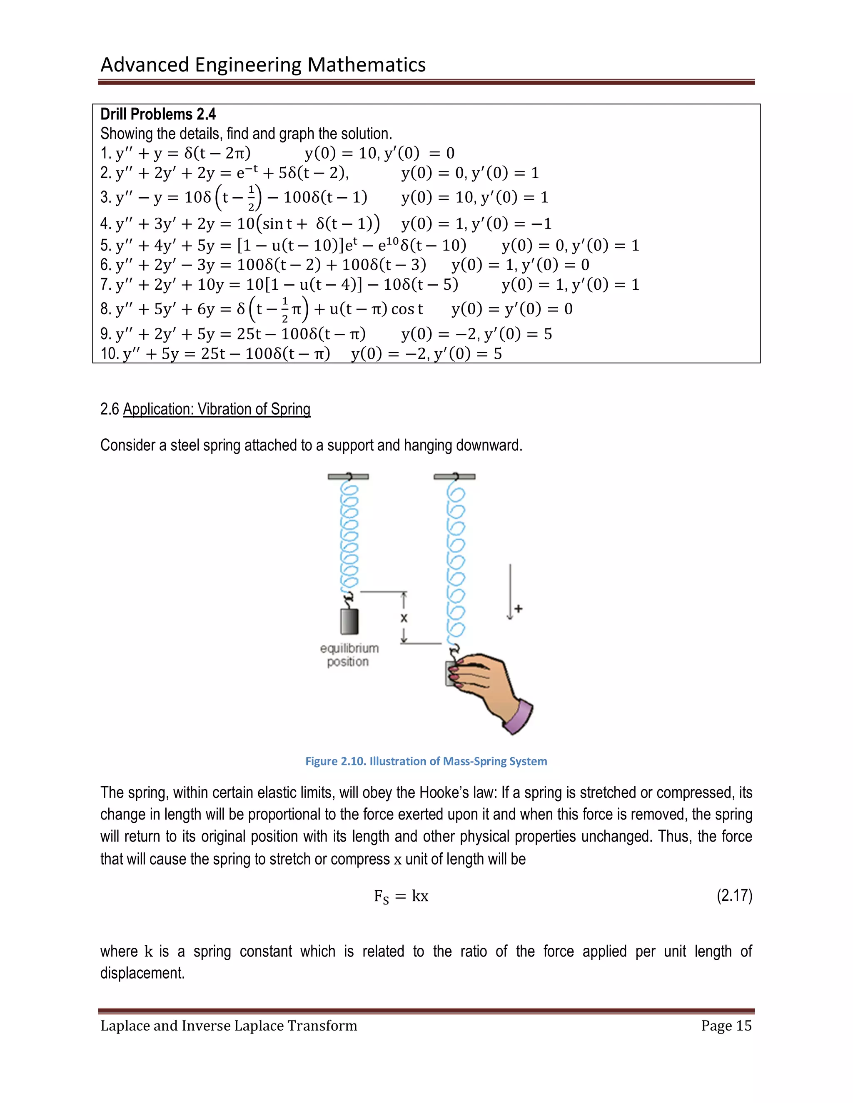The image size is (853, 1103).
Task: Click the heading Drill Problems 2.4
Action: pos(158,114)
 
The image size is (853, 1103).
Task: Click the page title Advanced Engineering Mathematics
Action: pos(263,65)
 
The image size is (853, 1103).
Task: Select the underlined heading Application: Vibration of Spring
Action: pos(216,409)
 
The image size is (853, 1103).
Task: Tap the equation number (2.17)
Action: pos(734,895)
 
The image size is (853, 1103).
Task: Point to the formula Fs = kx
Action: pos(401,897)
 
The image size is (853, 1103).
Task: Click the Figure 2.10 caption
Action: pos(426,761)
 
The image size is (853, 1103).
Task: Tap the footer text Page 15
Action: pos(726,1026)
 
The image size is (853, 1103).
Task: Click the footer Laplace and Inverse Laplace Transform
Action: pos(228,1026)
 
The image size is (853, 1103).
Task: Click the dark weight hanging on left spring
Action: pos(349,621)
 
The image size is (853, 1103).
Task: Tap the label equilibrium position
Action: pos(349,655)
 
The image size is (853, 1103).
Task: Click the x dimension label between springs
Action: pos(404,618)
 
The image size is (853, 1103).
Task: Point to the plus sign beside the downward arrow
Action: pos(519,609)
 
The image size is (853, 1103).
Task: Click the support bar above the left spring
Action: pos(348,476)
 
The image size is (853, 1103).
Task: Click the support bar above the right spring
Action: pos(454,476)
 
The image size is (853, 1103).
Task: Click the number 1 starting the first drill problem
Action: pos(104,153)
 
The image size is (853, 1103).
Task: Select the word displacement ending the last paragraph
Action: pos(142,973)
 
